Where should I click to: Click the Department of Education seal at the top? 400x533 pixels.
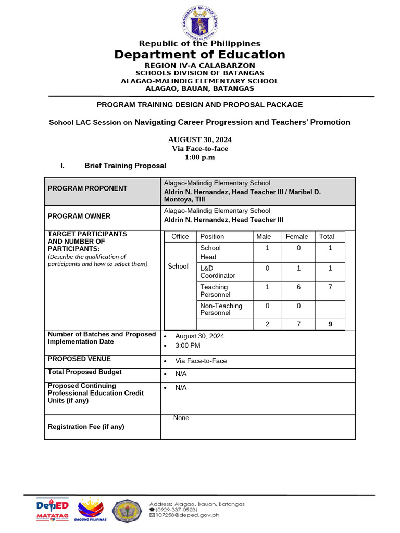pos(200,22)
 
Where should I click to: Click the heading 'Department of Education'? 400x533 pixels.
pos(200,55)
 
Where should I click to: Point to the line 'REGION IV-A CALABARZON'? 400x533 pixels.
pos(200,66)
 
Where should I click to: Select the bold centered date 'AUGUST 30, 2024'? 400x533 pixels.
pos(200,139)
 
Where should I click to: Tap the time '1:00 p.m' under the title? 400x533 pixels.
pos(200,157)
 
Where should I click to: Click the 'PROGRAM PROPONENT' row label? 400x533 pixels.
pos(87,188)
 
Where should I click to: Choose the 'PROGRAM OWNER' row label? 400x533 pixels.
pos(79,216)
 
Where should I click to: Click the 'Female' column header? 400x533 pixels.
pos(297,236)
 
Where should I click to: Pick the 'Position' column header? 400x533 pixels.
pos(212,236)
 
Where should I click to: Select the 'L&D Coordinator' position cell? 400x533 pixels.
pos(218,272)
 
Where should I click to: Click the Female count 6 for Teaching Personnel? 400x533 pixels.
pos(299,287)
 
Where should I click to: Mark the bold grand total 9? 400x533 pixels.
pos(330,324)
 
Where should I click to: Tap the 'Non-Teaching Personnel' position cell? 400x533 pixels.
pos(221,309)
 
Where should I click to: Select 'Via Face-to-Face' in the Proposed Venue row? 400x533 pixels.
pos(201,361)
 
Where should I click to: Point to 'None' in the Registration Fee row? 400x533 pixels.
pos(181,418)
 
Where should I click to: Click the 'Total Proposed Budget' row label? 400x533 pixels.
pos(85,372)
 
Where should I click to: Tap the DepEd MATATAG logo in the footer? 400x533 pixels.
pos(52,510)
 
